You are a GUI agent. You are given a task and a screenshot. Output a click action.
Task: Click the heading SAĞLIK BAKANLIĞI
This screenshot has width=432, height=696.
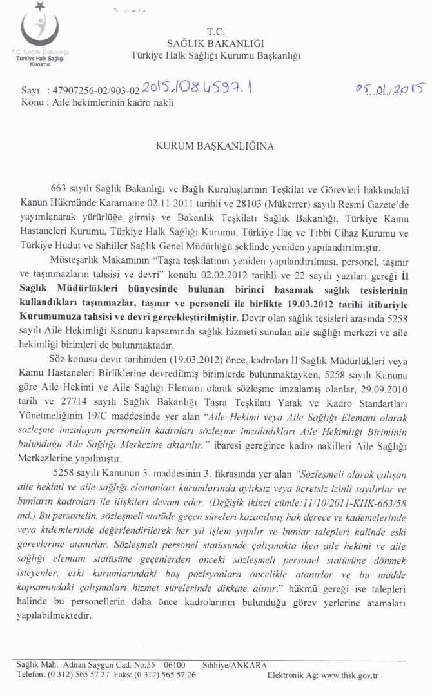[215, 43]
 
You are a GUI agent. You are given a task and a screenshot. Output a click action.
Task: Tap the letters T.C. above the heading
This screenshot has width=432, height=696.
[215, 31]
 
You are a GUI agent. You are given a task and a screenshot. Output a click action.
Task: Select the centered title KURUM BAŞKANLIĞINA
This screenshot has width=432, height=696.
[215, 146]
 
